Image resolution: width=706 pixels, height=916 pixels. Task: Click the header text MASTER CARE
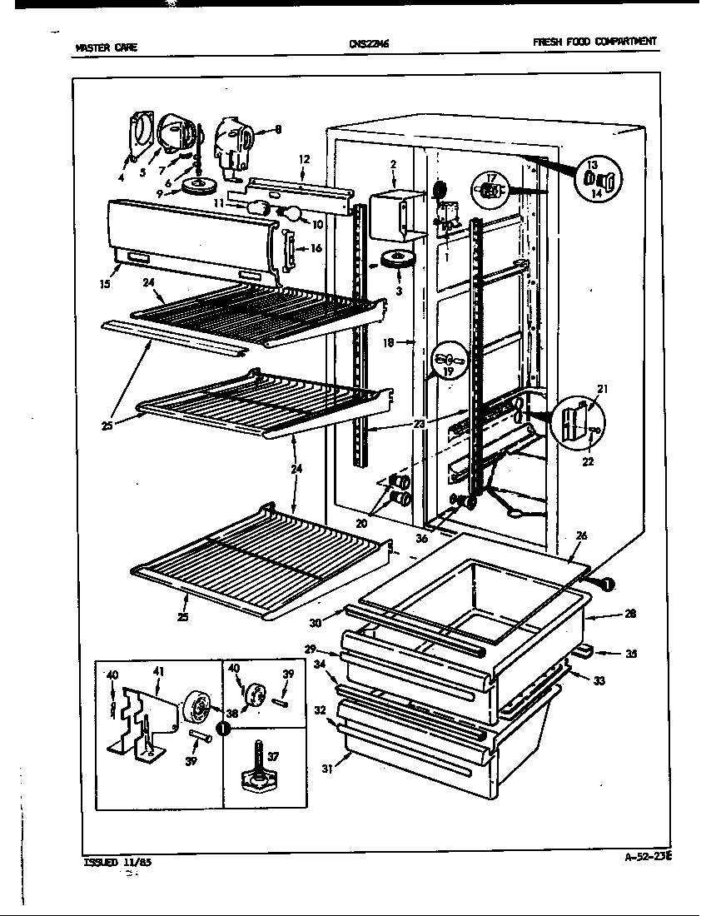point(106,47)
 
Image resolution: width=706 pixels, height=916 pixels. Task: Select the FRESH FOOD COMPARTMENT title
point(594,42)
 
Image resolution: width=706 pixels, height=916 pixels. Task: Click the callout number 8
point(279,129)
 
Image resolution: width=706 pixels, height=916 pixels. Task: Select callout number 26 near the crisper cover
point(580,536)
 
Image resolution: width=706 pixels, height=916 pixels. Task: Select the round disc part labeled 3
point(396,259)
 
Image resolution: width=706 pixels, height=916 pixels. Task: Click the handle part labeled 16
point(287,250)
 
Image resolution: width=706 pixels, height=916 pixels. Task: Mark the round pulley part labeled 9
point(199,185)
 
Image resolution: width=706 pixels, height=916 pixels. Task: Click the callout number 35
point(631,655)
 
